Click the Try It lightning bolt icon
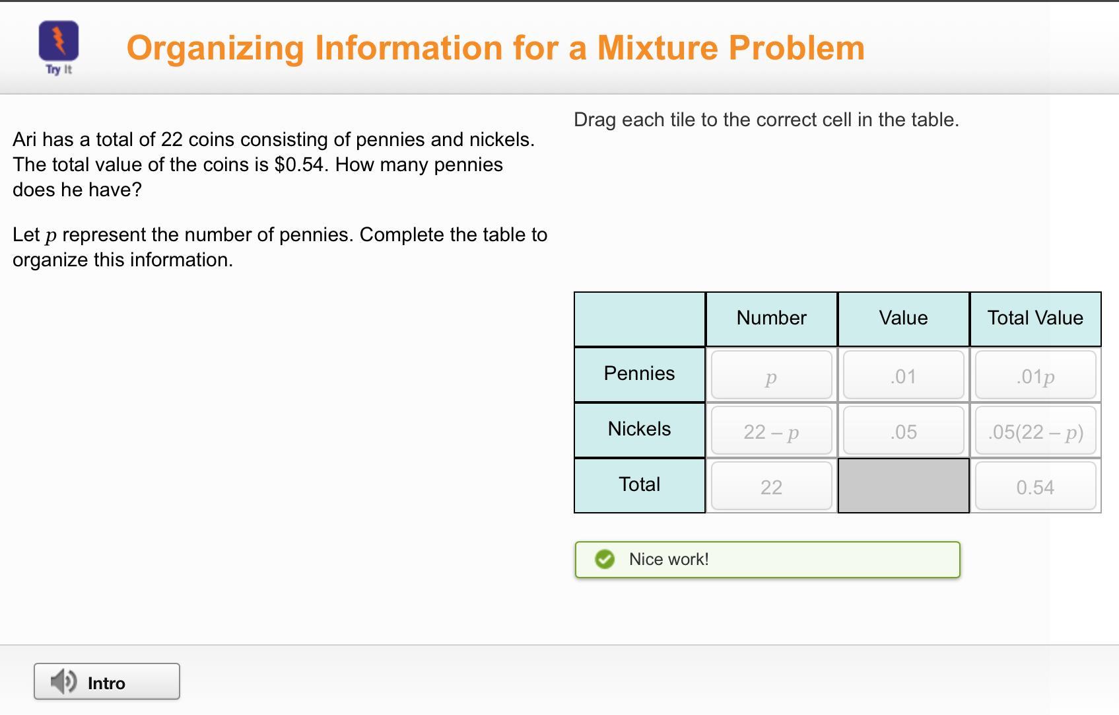pyautogui.click(x=59, y=40)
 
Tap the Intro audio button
pyautogui.click(x=107, y=681)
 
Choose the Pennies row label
pyautogui.click(x=640, y=374)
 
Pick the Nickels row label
pyautogui.click(x=640, y=430)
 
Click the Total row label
pyautogui.click(x=640, y=485)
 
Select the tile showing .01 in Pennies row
pyautogui.click(x=903, y=375)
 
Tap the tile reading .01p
pyautogui.click(x=1035, y=375)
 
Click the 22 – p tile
pyautogui.click(x=771, y=430)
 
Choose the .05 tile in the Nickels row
pyautogui.click(x=903, y=430)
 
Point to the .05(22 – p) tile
pyautogui.click(x=1035, y=430)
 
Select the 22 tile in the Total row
pyautogui.click(x=771, y=486)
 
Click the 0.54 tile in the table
pyautogui.click(x=1035, y=486)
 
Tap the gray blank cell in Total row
pyautogui.click(x=903, y=486)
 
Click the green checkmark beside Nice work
pyautogui.click(x=605, y=560)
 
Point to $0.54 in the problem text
pyautogui.click(x=299, y=165)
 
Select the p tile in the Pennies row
pyautogui.click(x=771, y=375)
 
